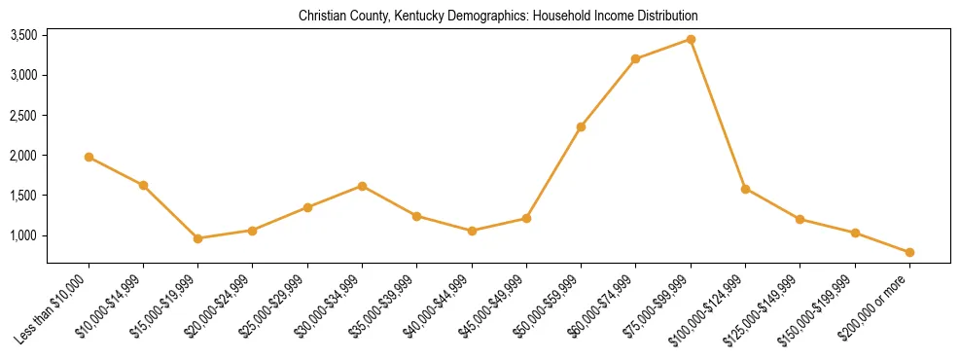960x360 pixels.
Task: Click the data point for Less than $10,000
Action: point(89,157)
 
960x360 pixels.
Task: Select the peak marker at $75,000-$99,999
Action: point(691,39)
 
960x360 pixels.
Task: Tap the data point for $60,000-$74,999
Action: point(635,58)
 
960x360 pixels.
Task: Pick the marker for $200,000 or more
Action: point(909,252)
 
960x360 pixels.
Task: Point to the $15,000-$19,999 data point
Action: point(197,238)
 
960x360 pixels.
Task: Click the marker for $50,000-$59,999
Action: point(581,126)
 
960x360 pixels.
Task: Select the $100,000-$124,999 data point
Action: point(745,189)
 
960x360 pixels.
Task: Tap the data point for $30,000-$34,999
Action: point(362,186)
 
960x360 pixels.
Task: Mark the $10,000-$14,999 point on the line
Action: point(143,185)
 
